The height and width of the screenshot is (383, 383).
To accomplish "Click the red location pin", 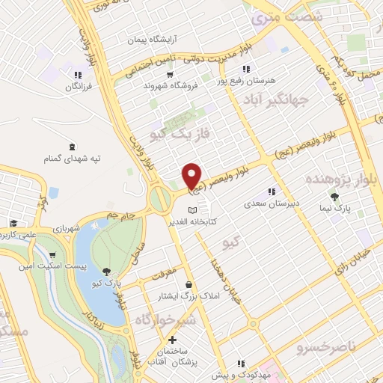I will click(192, 176).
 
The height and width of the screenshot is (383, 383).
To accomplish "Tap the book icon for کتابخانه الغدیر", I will click(194, 210).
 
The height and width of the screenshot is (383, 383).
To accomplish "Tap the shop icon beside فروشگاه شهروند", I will click(170, 74).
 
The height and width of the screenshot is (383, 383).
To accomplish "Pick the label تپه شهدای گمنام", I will click(73, 159).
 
